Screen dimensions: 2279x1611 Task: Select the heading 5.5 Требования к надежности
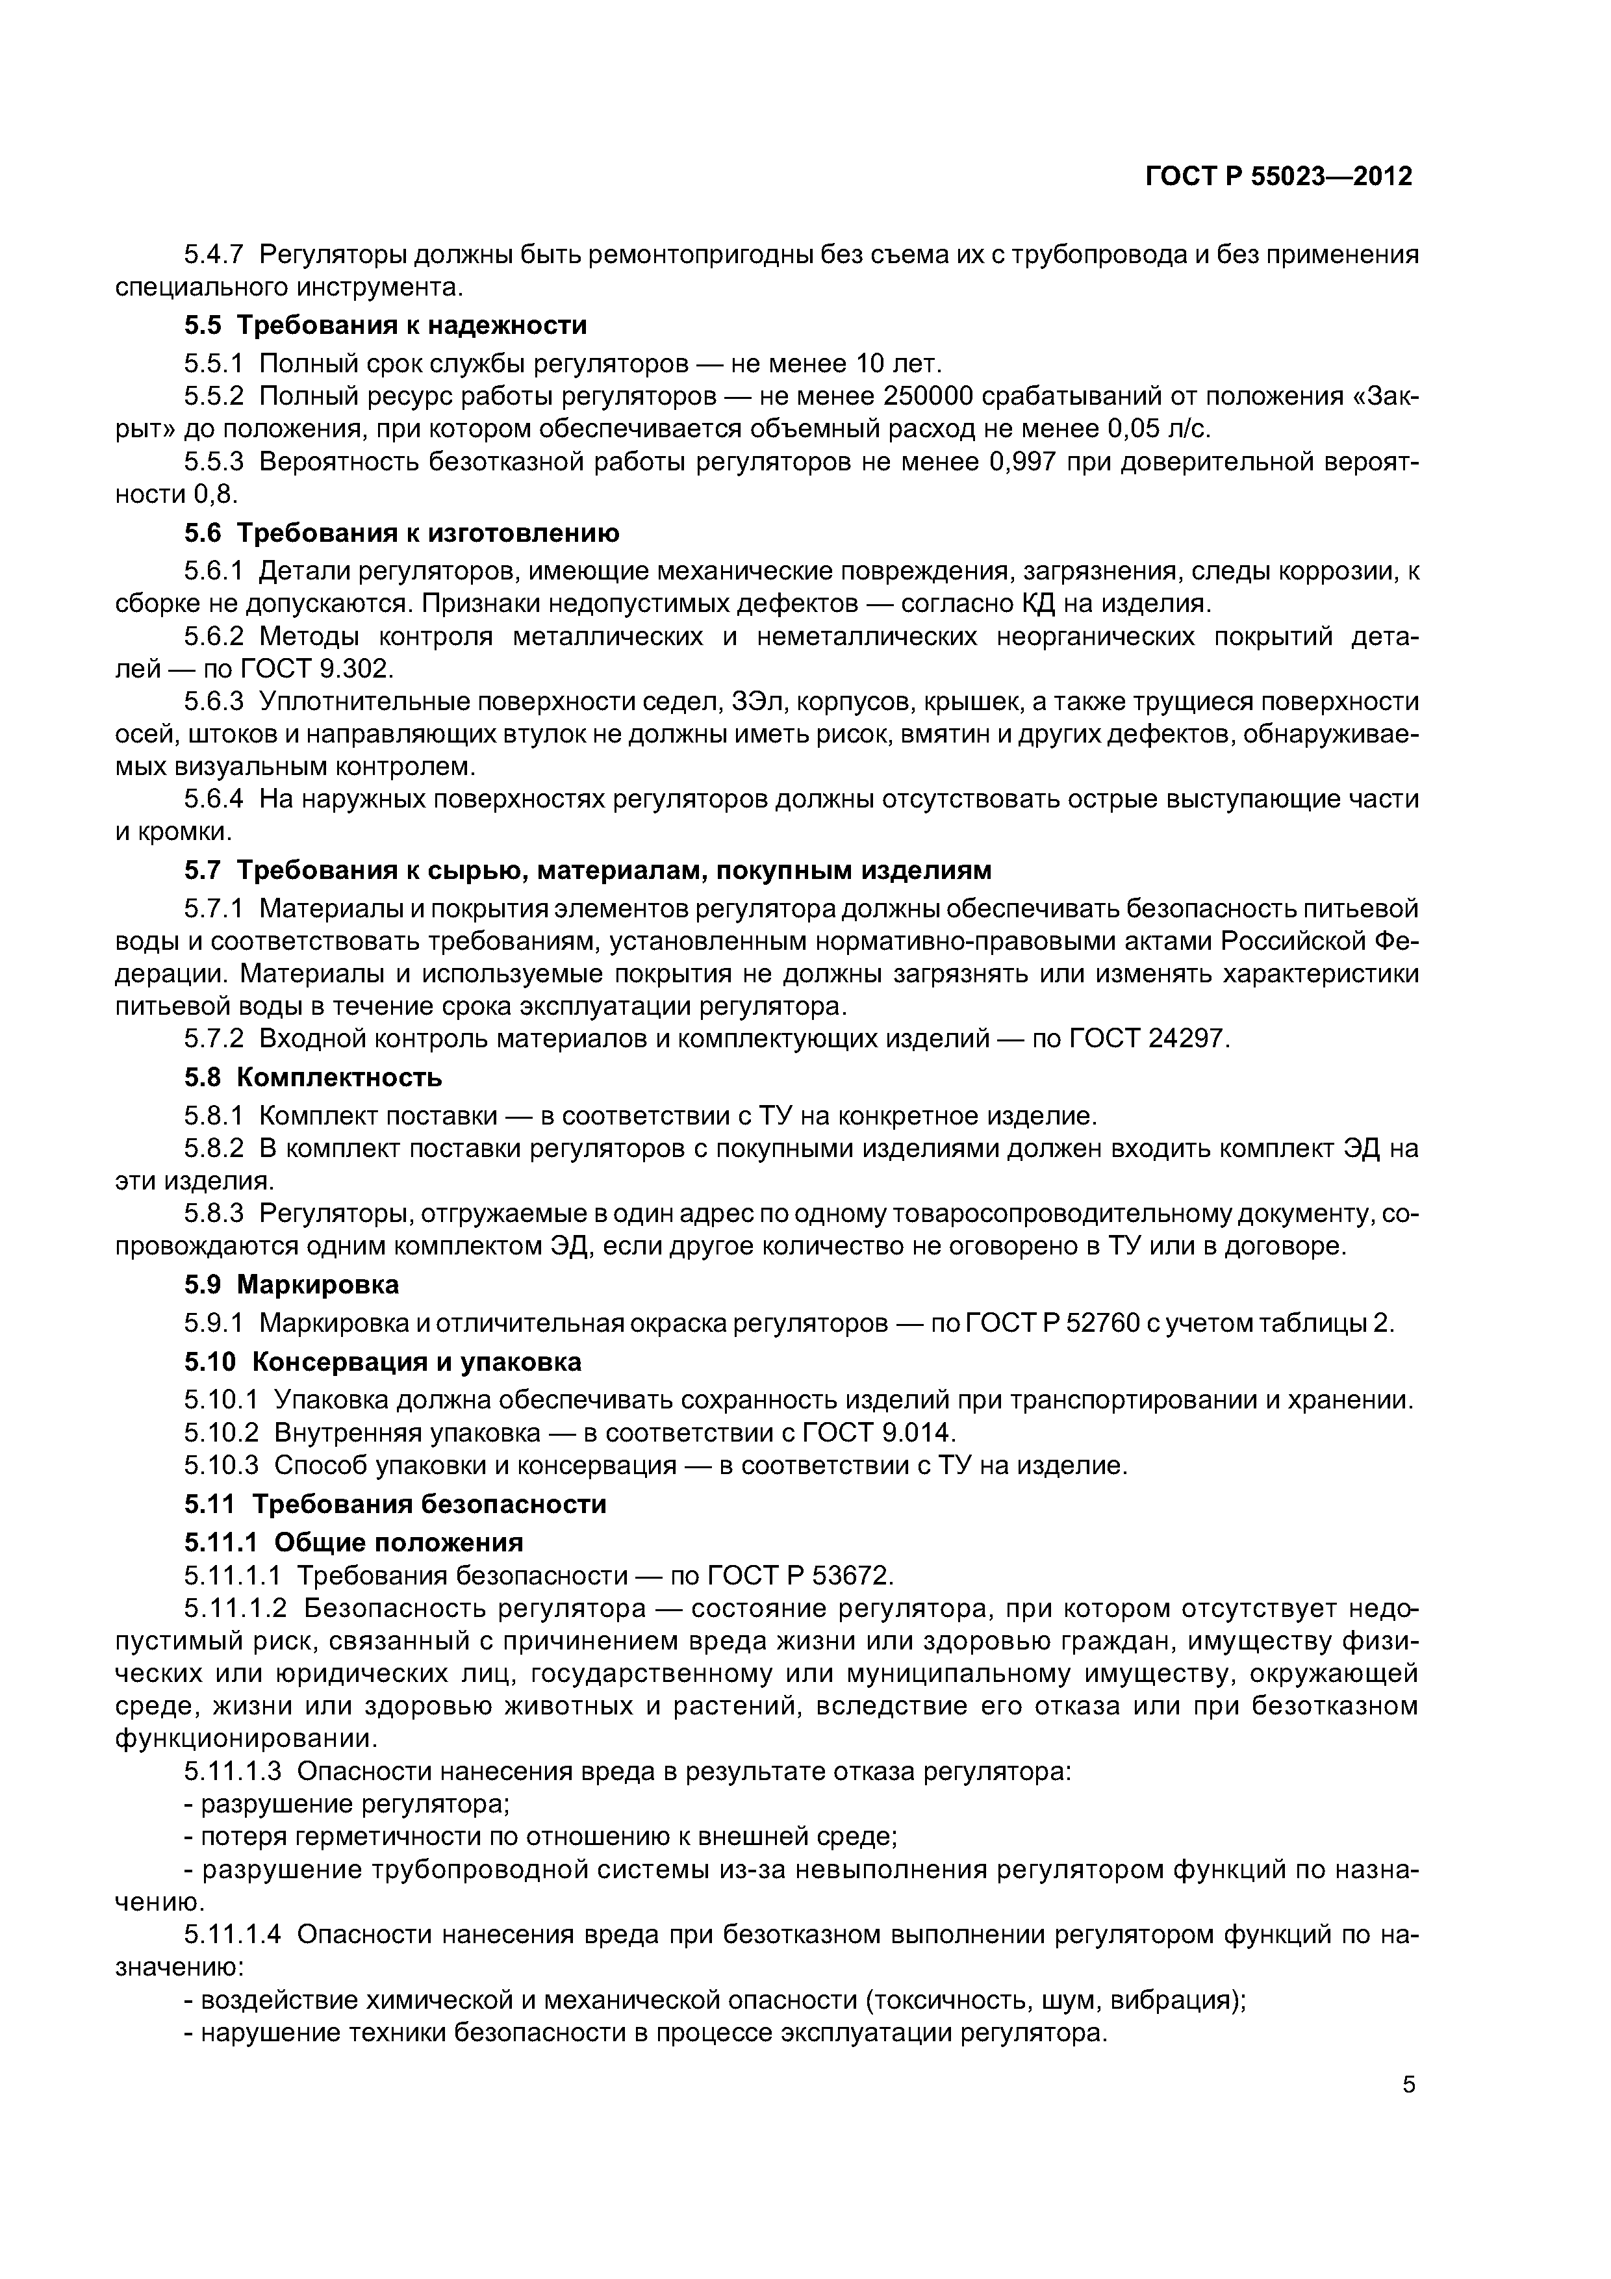coord(385,325)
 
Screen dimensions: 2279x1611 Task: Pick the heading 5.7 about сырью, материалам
coord(588,871)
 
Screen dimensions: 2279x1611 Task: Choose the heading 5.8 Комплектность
coord(312,1078)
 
